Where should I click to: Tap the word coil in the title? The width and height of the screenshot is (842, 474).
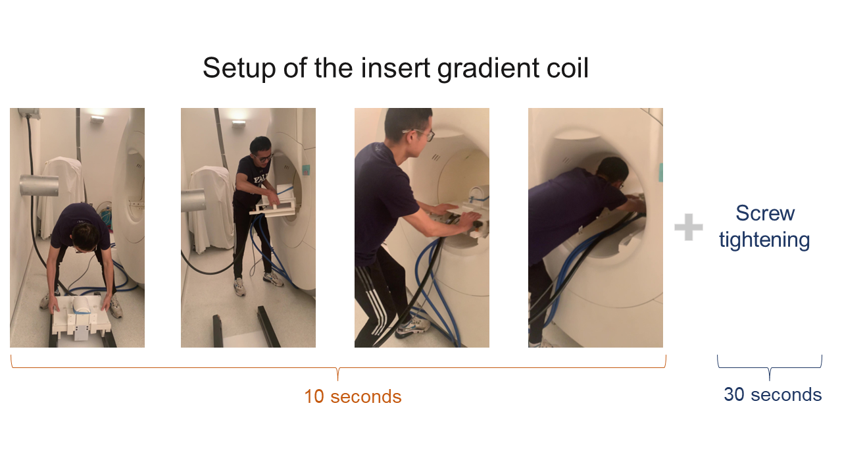tap(568, 68)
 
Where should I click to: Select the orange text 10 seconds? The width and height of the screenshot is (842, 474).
tap(353, 396)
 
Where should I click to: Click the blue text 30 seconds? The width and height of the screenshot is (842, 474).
tap(773, 394)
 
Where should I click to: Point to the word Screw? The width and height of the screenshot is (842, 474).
tap(765, 213)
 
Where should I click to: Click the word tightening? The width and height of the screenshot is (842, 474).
tap(764, 240)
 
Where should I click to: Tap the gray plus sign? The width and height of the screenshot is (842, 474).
tap(689, 227)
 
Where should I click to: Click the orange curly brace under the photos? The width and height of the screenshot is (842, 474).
tap(338, 368)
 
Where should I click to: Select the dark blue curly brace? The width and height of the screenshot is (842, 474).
tap(770, 368)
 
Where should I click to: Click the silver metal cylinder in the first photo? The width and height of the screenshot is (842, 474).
tap(39, 185)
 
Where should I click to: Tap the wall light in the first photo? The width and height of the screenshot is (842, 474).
tap(97, 119)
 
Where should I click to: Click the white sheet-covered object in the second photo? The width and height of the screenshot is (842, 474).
tap(212, 209)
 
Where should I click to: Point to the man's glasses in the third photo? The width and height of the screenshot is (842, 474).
tap(420, 133)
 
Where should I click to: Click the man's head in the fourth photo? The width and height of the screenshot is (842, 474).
tap(612, 174)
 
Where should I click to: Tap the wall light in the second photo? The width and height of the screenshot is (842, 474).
tap(238, 123)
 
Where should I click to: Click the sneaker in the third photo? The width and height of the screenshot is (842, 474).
tap(412, 328)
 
